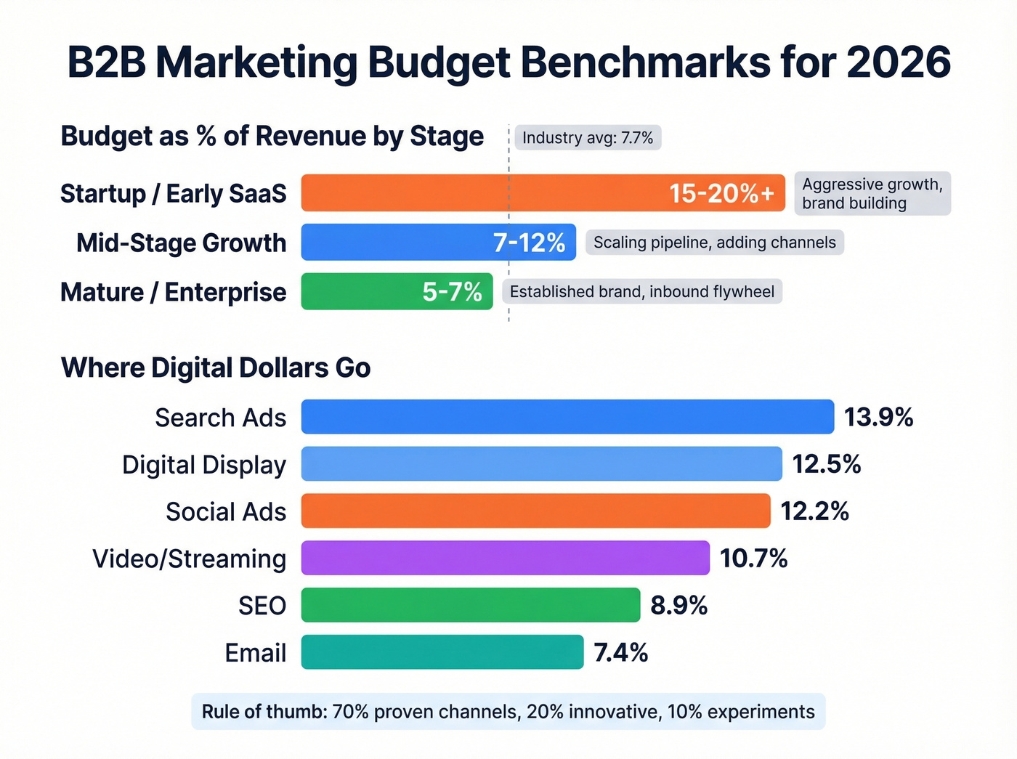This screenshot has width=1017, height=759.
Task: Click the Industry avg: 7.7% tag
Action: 588,137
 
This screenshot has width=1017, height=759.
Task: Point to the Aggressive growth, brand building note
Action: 872,193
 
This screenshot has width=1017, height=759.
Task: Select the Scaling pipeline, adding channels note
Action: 715,243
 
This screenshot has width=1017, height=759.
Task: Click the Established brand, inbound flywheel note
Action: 642,291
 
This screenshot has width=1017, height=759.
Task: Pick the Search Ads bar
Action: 567,417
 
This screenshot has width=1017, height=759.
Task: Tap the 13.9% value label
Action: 878,417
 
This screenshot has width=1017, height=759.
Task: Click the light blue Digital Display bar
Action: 541,464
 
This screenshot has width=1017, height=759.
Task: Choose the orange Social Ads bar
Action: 535,511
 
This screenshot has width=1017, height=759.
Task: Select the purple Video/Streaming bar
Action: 505,558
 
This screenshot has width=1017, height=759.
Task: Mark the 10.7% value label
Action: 753,558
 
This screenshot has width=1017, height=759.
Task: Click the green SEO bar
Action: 470,605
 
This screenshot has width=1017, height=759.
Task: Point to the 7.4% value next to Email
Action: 620,652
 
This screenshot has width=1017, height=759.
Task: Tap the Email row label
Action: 255,652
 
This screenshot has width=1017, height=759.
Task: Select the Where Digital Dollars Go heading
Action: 216,368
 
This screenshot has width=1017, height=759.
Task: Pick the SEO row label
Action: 262,605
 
